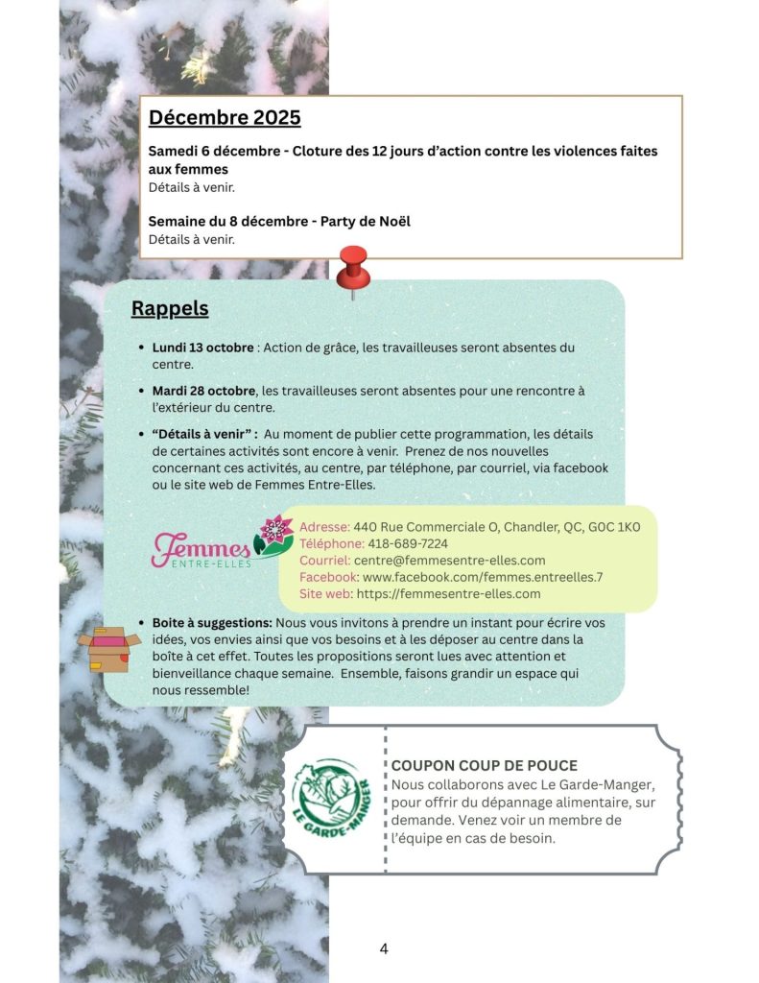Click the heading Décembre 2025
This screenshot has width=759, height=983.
[225, 118]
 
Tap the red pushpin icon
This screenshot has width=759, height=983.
[352, 268]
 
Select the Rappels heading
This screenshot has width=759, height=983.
[170, 309]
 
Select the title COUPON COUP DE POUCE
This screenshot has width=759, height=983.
[485, 765]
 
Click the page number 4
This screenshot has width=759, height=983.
[384, 949]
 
